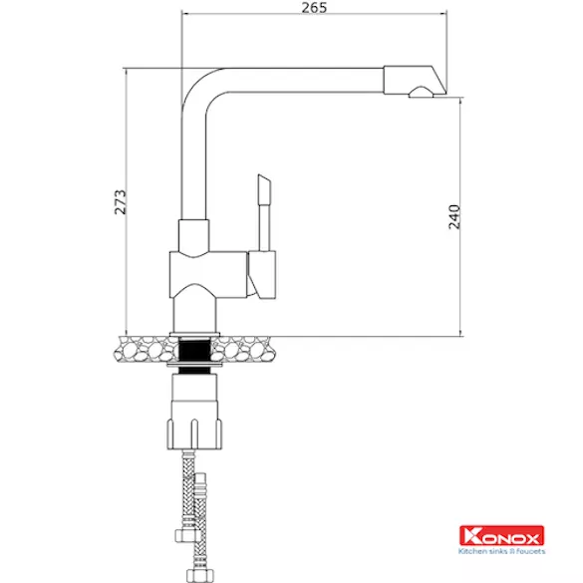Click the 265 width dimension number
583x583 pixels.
(314, 7)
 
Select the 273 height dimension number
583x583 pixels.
(121, 202)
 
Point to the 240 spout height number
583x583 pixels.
(454, 217)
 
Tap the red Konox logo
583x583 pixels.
(501, 536)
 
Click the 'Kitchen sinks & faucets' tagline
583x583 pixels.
(501, 551)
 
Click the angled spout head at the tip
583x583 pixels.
(415, 80)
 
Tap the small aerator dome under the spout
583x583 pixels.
(421, 93)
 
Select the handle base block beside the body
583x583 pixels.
(262, 275)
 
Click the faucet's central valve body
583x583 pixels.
(208, 274)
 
